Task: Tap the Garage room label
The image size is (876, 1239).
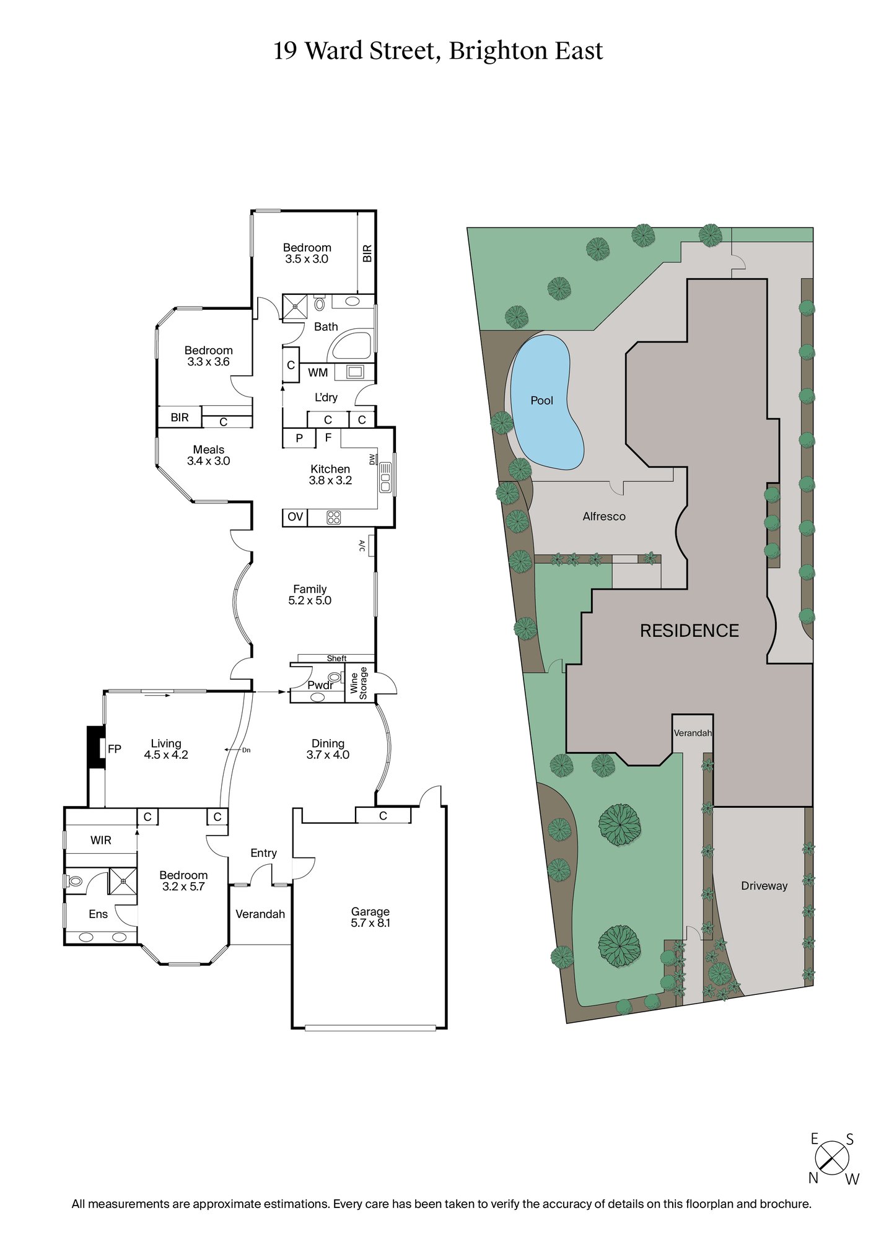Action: click(370, 911)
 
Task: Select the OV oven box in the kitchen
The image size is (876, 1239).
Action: click(295, 517)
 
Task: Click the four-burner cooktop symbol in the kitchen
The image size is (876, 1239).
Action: click(333, 517)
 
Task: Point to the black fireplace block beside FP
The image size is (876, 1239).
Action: click(96, 747)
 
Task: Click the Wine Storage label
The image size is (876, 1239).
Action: click(359, 683)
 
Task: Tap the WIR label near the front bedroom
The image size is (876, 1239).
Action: click(101, 840)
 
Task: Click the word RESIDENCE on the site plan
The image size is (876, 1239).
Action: click(689, 631)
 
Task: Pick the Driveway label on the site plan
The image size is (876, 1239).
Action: click(764, 886)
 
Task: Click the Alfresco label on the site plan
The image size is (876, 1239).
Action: click(604, 516)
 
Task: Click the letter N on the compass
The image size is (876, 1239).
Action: click(813, 1178)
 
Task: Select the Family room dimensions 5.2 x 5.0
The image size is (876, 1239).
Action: click(310, 600)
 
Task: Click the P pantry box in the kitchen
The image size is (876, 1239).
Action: click(299, 438)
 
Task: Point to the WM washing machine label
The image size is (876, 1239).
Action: click(318, 372)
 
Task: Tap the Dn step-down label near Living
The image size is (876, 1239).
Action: click(246, 750)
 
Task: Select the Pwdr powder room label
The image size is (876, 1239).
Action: click(320, 685)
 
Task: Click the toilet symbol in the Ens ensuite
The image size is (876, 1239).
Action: click(75, 880)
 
